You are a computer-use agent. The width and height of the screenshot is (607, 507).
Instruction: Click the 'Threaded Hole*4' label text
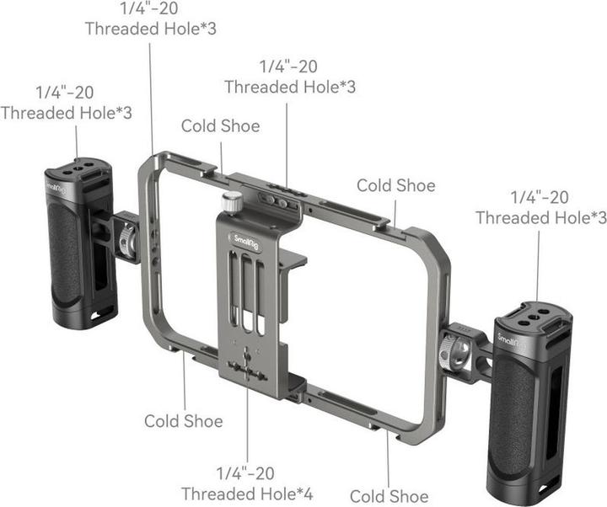(x=247, y=493)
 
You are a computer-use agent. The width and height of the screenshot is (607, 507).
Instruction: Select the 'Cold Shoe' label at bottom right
(x=389, y=496)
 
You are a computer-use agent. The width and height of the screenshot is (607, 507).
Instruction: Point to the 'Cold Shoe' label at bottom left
(x=184, y=419)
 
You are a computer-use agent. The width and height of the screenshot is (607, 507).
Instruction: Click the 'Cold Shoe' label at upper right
(x=396, y=184)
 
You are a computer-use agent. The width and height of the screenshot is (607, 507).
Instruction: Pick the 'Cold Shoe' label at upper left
(x=221, y=125)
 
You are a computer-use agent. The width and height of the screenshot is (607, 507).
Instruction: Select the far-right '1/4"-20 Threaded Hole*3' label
(x=540, y=207)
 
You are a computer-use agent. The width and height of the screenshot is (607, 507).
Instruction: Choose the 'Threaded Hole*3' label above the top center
(x=289, y=86)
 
